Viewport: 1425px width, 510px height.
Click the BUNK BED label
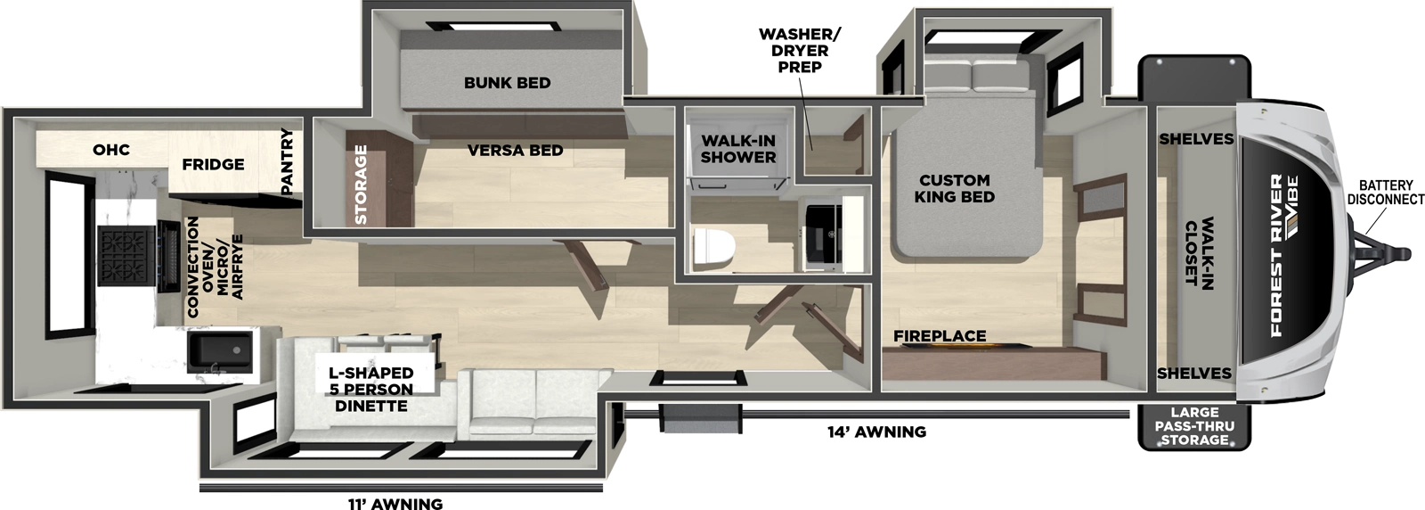tap(507, 83)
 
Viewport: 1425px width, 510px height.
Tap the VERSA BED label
tap(516, 151)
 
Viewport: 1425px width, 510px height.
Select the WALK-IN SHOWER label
tap(738, 149)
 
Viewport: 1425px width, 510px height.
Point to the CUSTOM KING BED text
tap(954, 188)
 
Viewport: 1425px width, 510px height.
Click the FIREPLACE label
tap(940, 336)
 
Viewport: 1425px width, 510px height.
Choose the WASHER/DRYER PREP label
tap(799, 50)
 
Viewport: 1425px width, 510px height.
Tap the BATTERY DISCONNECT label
tap(1385, 193)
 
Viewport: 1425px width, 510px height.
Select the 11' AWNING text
tap(395, 504)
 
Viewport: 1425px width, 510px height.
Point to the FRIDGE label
tap(214, 164)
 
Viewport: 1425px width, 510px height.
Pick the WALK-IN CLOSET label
tap(1199, 251)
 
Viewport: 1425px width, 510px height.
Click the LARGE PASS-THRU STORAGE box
tap(1193, 426)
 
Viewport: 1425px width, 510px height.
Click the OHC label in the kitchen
tap(111, 149)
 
